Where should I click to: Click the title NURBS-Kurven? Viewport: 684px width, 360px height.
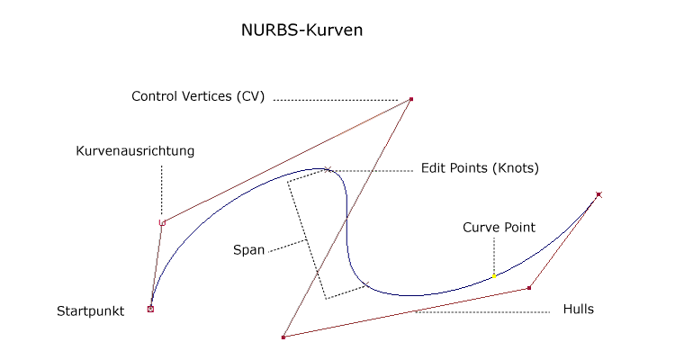click(301, 30)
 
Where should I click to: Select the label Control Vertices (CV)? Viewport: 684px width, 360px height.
click(198, 96)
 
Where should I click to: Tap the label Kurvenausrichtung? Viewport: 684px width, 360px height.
click(135, 151)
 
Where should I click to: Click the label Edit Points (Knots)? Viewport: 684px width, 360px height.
click(480, 168)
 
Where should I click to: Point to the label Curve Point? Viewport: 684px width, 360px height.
click(499, 228)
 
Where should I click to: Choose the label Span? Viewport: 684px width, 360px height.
click(248, 250)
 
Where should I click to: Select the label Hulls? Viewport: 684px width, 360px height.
click(578, 309)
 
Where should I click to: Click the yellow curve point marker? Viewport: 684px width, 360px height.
click(494, 275)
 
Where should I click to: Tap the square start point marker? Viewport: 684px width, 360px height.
click(150, 309)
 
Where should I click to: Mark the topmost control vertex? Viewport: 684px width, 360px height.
click(411, 99)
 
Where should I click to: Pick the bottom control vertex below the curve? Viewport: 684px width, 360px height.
click(283, 337)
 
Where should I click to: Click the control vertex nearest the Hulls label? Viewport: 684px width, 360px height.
click(529, 288)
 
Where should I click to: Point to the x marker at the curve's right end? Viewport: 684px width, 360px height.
click(598, 193)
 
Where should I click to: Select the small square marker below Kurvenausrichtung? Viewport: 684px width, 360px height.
click(162, 222)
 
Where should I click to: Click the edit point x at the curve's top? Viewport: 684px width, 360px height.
click(328, 168)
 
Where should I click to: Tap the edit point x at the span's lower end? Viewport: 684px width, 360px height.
click(367, 285)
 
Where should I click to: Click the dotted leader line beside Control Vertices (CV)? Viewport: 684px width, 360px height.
click(335, 99)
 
